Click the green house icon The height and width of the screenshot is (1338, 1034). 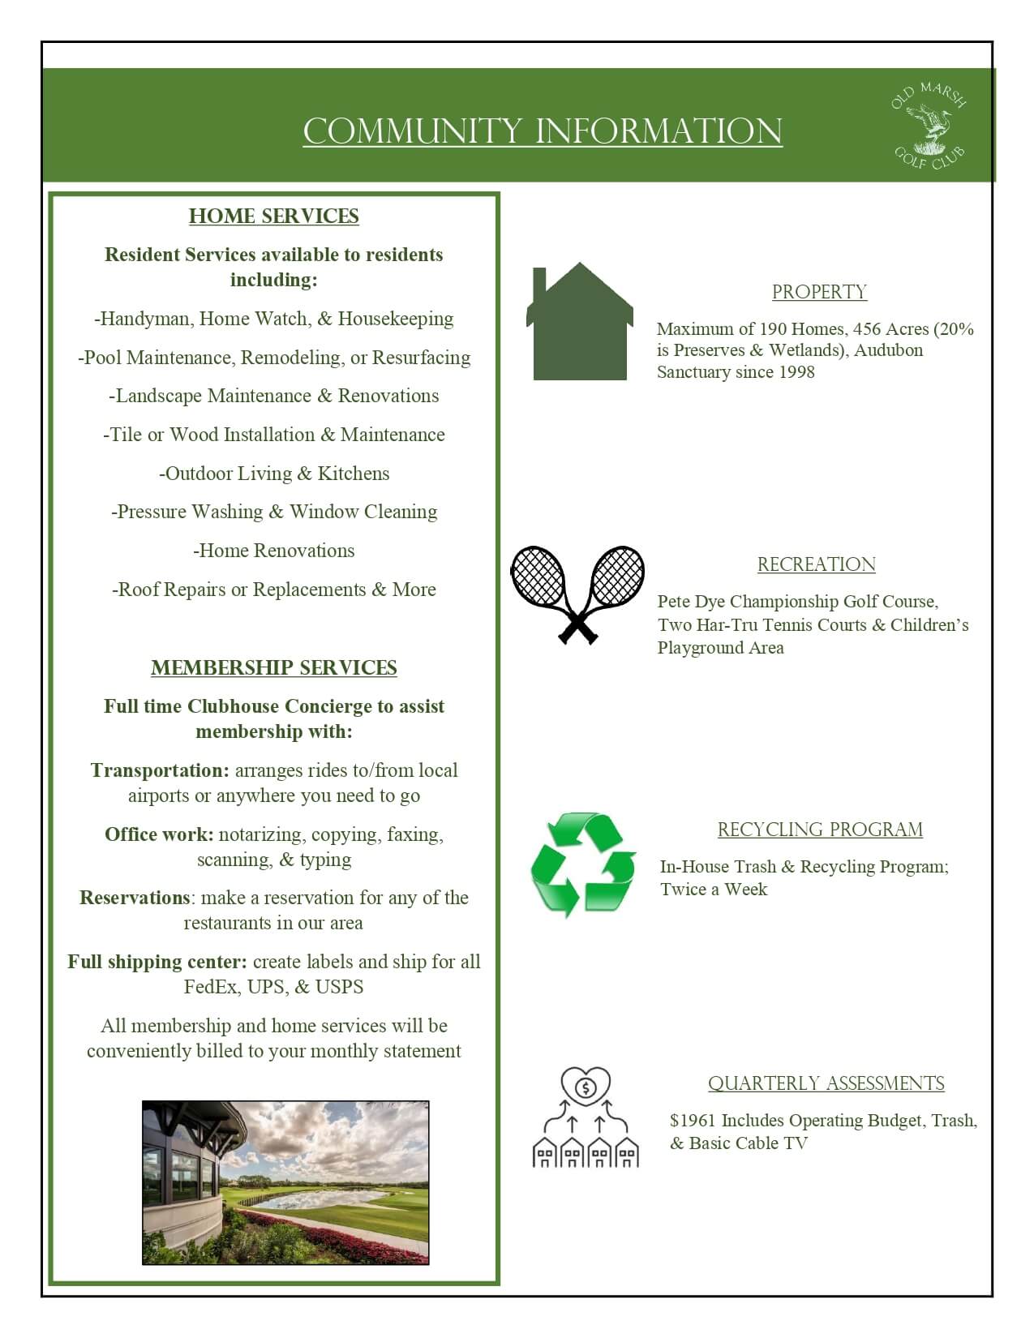pos(579,323)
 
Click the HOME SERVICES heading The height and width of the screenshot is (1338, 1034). pos(274,217)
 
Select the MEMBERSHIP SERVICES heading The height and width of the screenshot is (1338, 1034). pos(274,668)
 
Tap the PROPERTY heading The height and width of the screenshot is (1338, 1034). pos(819,292)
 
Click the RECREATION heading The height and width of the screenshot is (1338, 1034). pos(816,564)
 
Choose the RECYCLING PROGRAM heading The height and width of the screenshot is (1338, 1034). pos(820,830)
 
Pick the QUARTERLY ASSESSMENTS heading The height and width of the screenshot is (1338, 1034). pos(826,1083)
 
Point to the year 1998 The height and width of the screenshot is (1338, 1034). pos(795,372)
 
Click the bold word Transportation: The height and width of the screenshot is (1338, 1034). pos(161,770)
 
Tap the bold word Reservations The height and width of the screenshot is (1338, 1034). pos(135,898)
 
